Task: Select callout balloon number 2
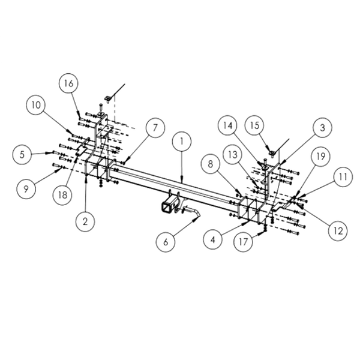86,221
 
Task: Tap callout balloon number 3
322,128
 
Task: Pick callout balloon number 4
211,240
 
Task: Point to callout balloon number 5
23,155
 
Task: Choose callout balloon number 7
154,128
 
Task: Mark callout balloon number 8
209,163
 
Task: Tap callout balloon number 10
36,106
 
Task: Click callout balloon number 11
341,178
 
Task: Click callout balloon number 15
254,125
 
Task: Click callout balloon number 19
320,157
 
